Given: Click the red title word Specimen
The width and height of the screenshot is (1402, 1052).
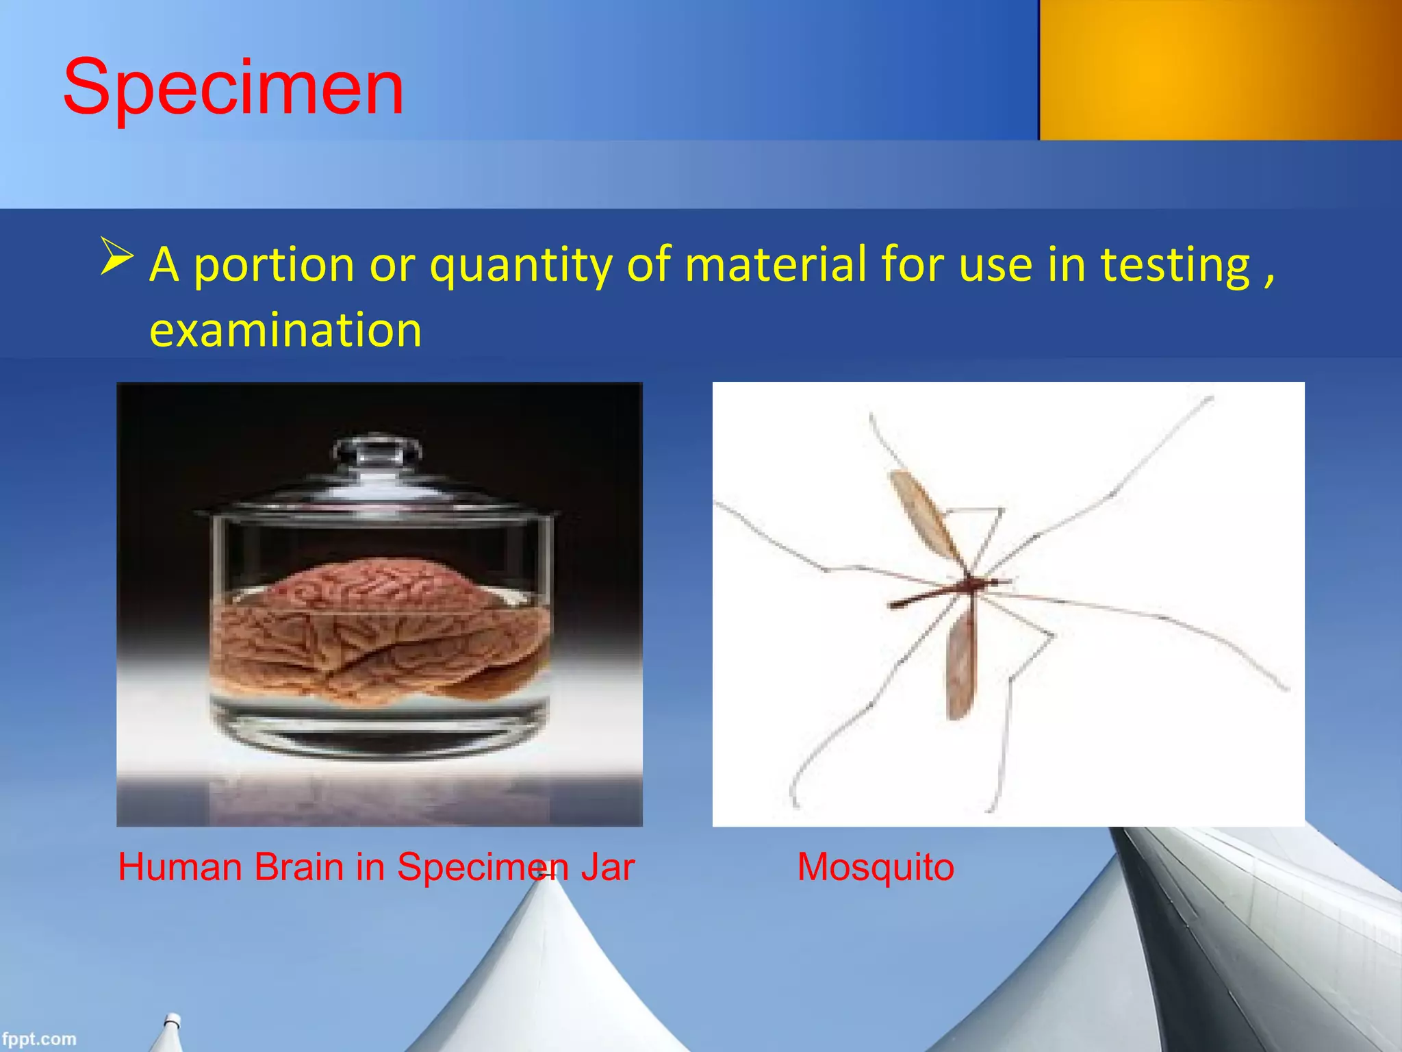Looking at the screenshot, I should point(233,88).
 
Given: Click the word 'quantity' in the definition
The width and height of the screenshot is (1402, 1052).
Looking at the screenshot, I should point(520,266).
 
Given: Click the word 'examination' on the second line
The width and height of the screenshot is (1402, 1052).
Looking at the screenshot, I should point(285,330).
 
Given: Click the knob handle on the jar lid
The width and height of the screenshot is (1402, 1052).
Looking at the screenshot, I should point(376,450).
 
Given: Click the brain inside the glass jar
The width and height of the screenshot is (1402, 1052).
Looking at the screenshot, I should point(380,630).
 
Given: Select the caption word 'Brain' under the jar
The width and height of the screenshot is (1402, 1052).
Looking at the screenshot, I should point(298,867).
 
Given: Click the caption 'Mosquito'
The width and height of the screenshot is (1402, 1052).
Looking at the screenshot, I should point(876,867).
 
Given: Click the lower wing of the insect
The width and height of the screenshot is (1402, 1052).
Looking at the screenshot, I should point(960,668).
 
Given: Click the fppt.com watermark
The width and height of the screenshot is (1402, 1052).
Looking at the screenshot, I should point(38,1039).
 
